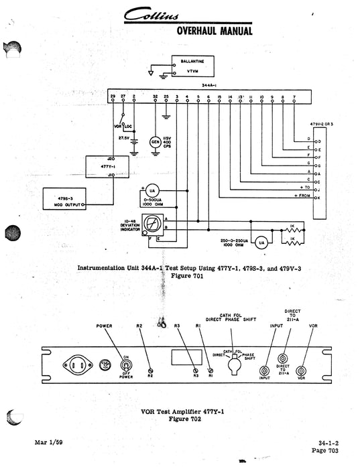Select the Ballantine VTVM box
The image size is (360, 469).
click(x=193, y=65)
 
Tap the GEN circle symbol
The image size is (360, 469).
click(x=155, y=141)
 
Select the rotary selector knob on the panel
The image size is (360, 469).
click(x=233, y=366)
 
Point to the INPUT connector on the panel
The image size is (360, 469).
click(x=266, y=370)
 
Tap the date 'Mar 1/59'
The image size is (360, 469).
click(x=48, y=443)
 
